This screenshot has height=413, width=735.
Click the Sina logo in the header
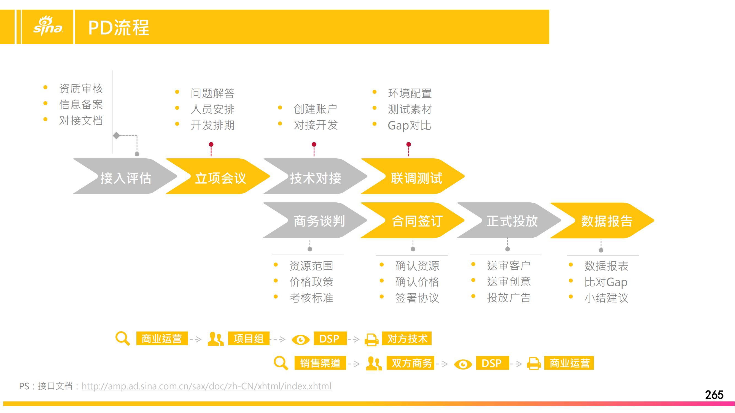coord(48,26)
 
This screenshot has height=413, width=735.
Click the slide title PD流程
coord(119,28)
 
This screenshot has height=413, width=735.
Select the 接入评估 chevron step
coord(125,176)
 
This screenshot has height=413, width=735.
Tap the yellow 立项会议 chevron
coord(218,176)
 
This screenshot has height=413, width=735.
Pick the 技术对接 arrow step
coord(315,176)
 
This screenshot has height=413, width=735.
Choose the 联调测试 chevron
coord(413,176)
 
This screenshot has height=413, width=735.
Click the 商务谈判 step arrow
coord(315,220)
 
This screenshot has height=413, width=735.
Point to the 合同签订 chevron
coord(413,220)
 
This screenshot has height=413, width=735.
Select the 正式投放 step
coord(509,220)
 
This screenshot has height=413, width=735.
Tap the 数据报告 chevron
coord(602,220)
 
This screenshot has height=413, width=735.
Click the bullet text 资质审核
coord(81,88)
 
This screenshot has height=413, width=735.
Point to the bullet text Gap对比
coord(410,125)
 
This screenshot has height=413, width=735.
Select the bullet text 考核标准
coord(311,298)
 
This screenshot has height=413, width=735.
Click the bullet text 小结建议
coord(606,298)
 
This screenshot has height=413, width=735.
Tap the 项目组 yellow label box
coord(249,338)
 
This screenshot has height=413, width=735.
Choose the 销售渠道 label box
coord(320,363)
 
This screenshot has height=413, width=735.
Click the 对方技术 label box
coord(407,338)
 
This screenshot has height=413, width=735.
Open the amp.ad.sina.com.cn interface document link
coord(207,386)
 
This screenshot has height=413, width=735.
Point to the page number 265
coord(714,395)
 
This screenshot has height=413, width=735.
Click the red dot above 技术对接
coord(314,144)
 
